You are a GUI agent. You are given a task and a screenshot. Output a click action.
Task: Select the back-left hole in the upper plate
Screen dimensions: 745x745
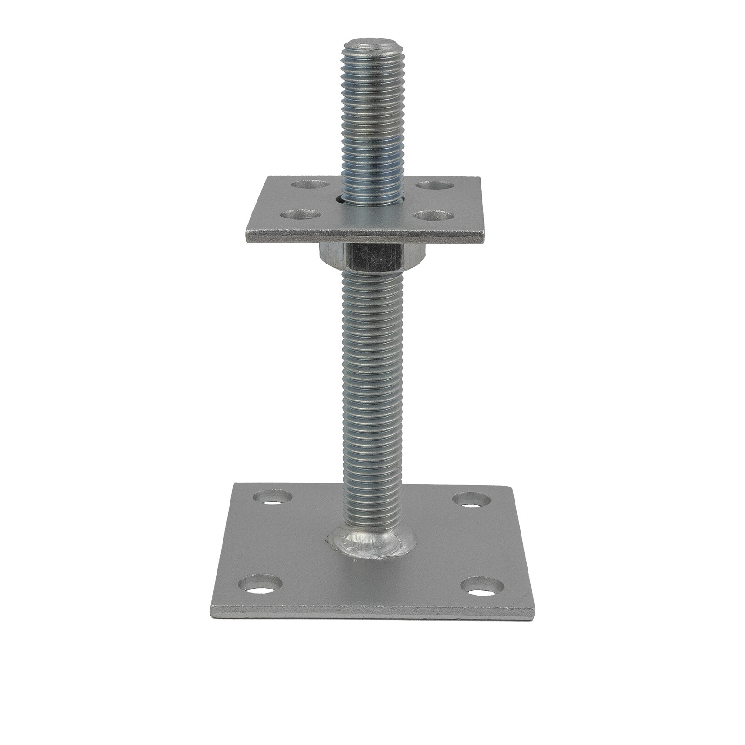(x=309, y=184)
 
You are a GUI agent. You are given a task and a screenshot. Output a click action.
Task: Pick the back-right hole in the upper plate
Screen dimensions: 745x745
(x=434, y=184)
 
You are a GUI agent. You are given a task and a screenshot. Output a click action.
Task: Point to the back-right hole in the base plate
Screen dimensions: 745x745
(x=472, y=500)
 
